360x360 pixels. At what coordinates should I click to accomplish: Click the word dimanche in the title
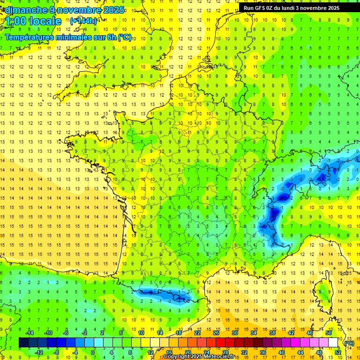coord(25,9)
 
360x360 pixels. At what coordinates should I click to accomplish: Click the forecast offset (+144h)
coord(83,21)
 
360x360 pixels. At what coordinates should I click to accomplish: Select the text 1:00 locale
coord(34,21)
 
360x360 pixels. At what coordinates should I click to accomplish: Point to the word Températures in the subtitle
coord(30,37)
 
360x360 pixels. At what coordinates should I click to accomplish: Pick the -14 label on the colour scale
coord(30,332)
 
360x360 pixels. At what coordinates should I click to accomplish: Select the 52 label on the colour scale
coord(337,352)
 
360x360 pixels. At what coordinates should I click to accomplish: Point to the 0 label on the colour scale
coord(93,352)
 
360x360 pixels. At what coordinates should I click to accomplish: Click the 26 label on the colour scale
coord(216,332)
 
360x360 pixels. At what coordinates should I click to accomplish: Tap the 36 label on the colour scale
coord(262,352)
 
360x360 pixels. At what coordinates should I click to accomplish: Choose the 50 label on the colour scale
coord(328,332)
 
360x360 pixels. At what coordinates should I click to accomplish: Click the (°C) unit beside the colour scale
coord(349,343)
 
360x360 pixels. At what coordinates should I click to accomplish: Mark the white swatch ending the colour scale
coord(333,343)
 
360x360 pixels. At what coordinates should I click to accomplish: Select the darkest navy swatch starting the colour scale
coord(23,343)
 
